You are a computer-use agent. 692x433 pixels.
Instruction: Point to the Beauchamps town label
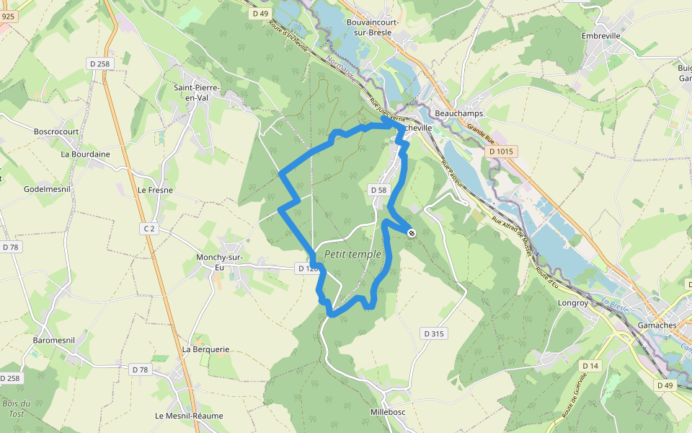click(459, 113)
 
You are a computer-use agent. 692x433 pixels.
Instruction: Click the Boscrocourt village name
click(56, 132)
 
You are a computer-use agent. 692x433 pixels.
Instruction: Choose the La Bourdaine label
click(85, 154)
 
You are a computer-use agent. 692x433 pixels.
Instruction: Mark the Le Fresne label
click(155, 190)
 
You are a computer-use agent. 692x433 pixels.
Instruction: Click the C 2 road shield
click(149, 229)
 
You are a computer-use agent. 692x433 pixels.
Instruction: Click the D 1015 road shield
click(500, 152)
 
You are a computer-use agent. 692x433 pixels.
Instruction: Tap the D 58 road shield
click(378, 190)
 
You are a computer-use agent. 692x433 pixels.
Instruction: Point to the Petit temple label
click(352, 254)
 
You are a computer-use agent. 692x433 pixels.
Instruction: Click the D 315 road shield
click(433, 333)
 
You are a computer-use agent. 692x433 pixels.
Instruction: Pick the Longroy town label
click(573, 303)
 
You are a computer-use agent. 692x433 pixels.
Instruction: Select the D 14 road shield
click(590, 366)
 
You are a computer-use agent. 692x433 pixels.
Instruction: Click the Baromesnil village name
click(55, 340)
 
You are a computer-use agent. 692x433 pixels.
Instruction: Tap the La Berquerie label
click(205, 349)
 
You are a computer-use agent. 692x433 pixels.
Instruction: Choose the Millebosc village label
click(390, 411)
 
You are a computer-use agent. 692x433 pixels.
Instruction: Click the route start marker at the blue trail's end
click(412, 232)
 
